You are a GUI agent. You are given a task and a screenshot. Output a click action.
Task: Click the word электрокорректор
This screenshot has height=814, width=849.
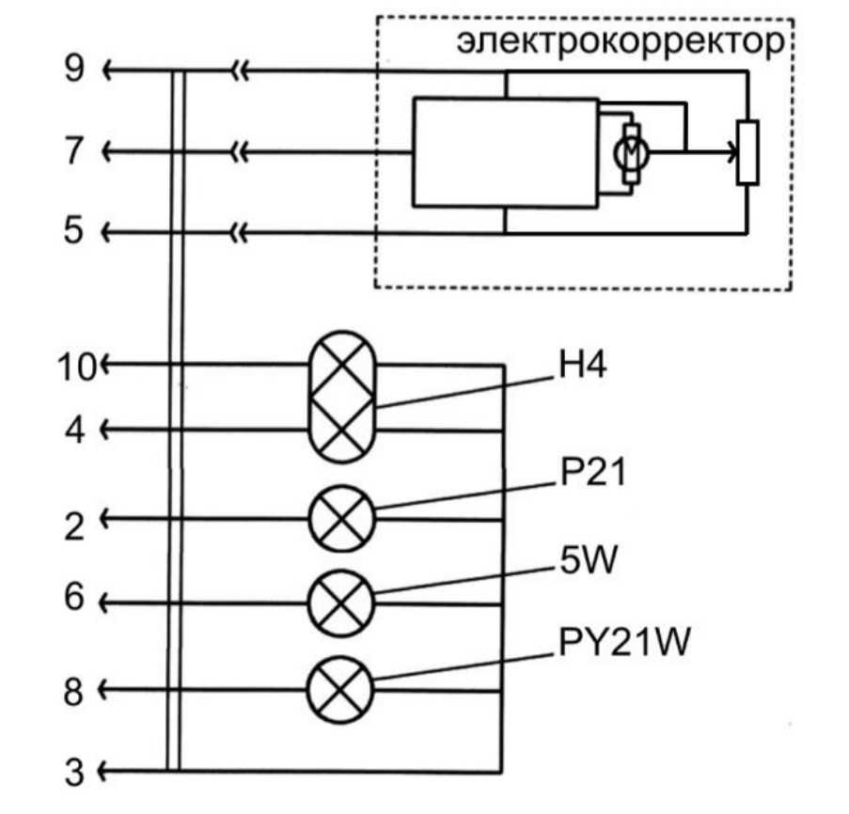(x=620, y=42)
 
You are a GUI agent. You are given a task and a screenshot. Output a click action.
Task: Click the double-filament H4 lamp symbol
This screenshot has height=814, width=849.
(x=343, y=399)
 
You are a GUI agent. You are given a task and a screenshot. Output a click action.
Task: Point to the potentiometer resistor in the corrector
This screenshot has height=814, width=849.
(x=747, y=151)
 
